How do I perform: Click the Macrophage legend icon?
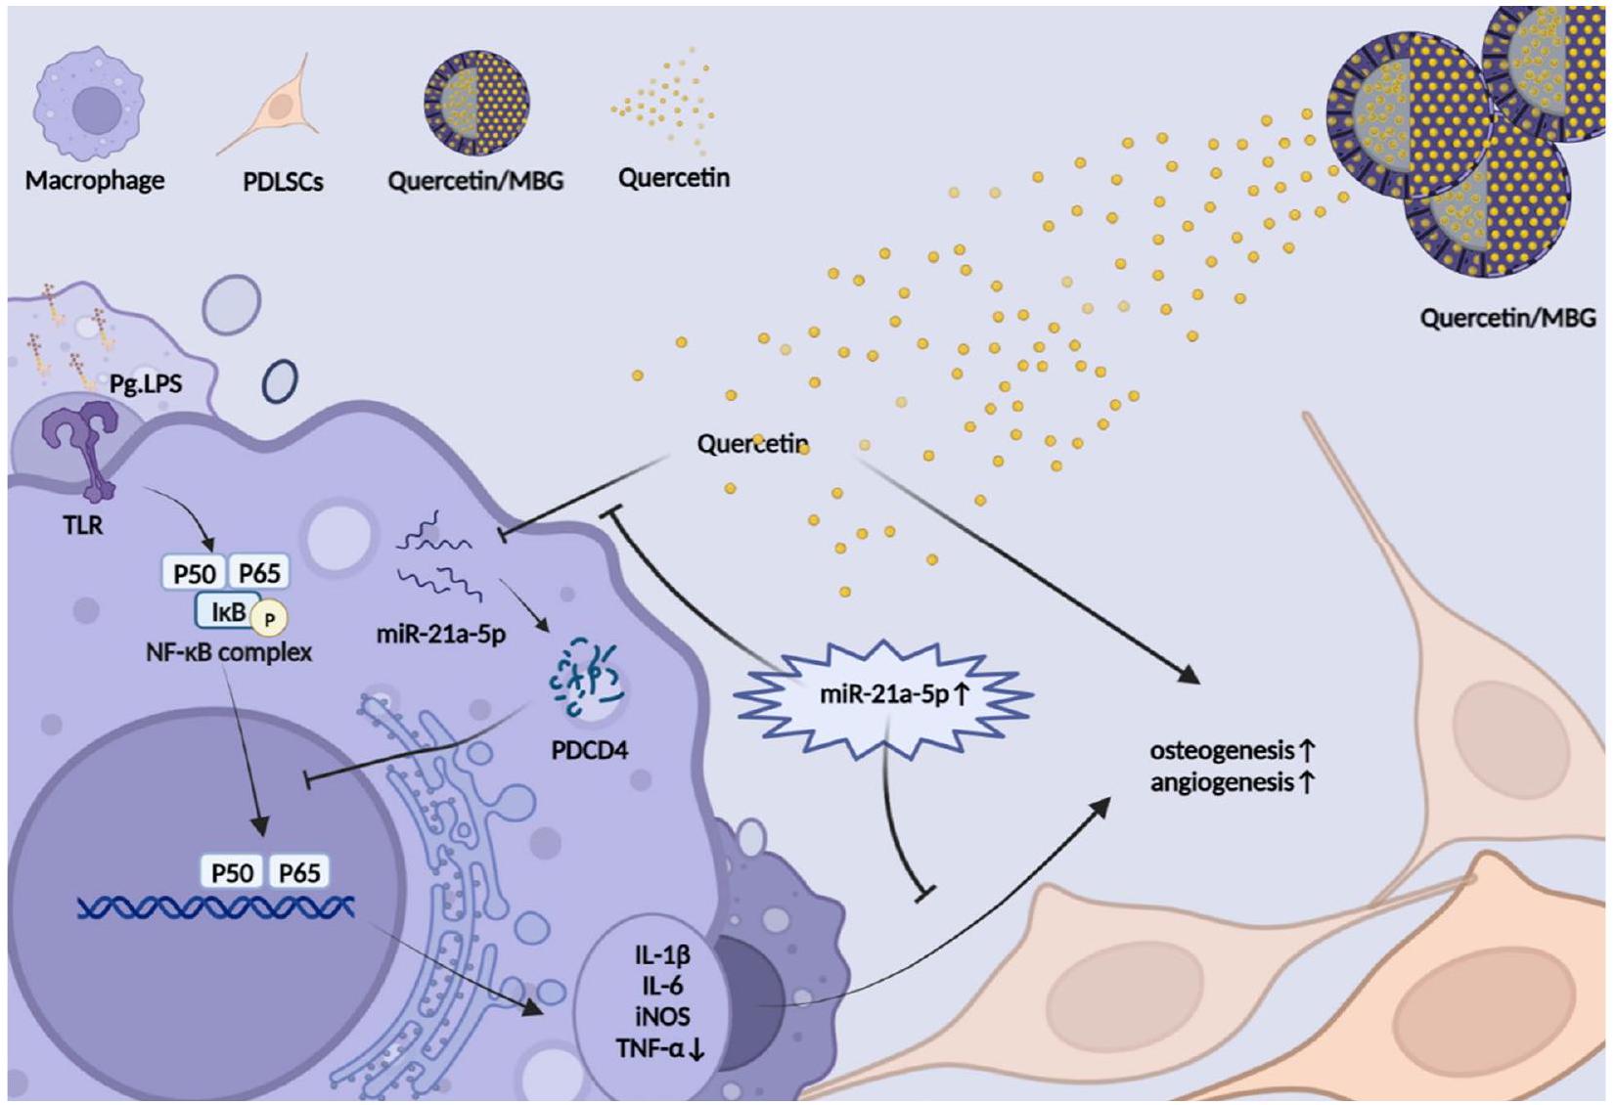point(90,104)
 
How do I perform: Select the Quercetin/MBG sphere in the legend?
point(476,103)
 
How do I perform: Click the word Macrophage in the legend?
point(95,180)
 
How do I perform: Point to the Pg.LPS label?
point(146,383)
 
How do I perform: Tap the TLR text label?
point(82,526)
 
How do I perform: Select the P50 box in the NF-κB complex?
point(194,573)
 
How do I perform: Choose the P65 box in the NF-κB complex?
point(259,573)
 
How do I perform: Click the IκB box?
point(228,611)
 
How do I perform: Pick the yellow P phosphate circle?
point(269,618)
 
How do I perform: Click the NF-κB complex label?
point(229,652)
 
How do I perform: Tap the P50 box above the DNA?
point(232,872)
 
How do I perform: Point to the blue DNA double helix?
point(215,909)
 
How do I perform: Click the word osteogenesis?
point(1222,751)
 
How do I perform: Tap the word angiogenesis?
point(1222,782)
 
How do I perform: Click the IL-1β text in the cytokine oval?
point(662,955)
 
